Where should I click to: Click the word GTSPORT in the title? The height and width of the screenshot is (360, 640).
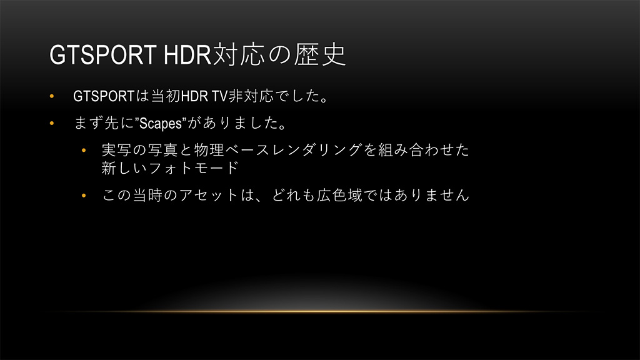coord(103,54)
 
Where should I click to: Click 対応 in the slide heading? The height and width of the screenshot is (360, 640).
coord(239,54)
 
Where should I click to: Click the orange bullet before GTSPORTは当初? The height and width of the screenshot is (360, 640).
coord(52,96)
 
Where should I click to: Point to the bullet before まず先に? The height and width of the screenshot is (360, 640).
coord(52,123)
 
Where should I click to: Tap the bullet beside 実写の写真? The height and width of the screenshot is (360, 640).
coord(84,151)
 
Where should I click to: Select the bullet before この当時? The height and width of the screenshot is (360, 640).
coord(84,196)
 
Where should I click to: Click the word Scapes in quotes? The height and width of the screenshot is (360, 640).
coord(161,123)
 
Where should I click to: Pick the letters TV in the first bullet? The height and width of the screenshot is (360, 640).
coord(219,96)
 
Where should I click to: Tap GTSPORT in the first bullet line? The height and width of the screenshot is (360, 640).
coord(104,96)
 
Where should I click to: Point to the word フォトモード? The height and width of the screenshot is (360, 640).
coord(194,167)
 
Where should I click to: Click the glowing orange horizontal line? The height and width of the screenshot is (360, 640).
coord(320,311)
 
